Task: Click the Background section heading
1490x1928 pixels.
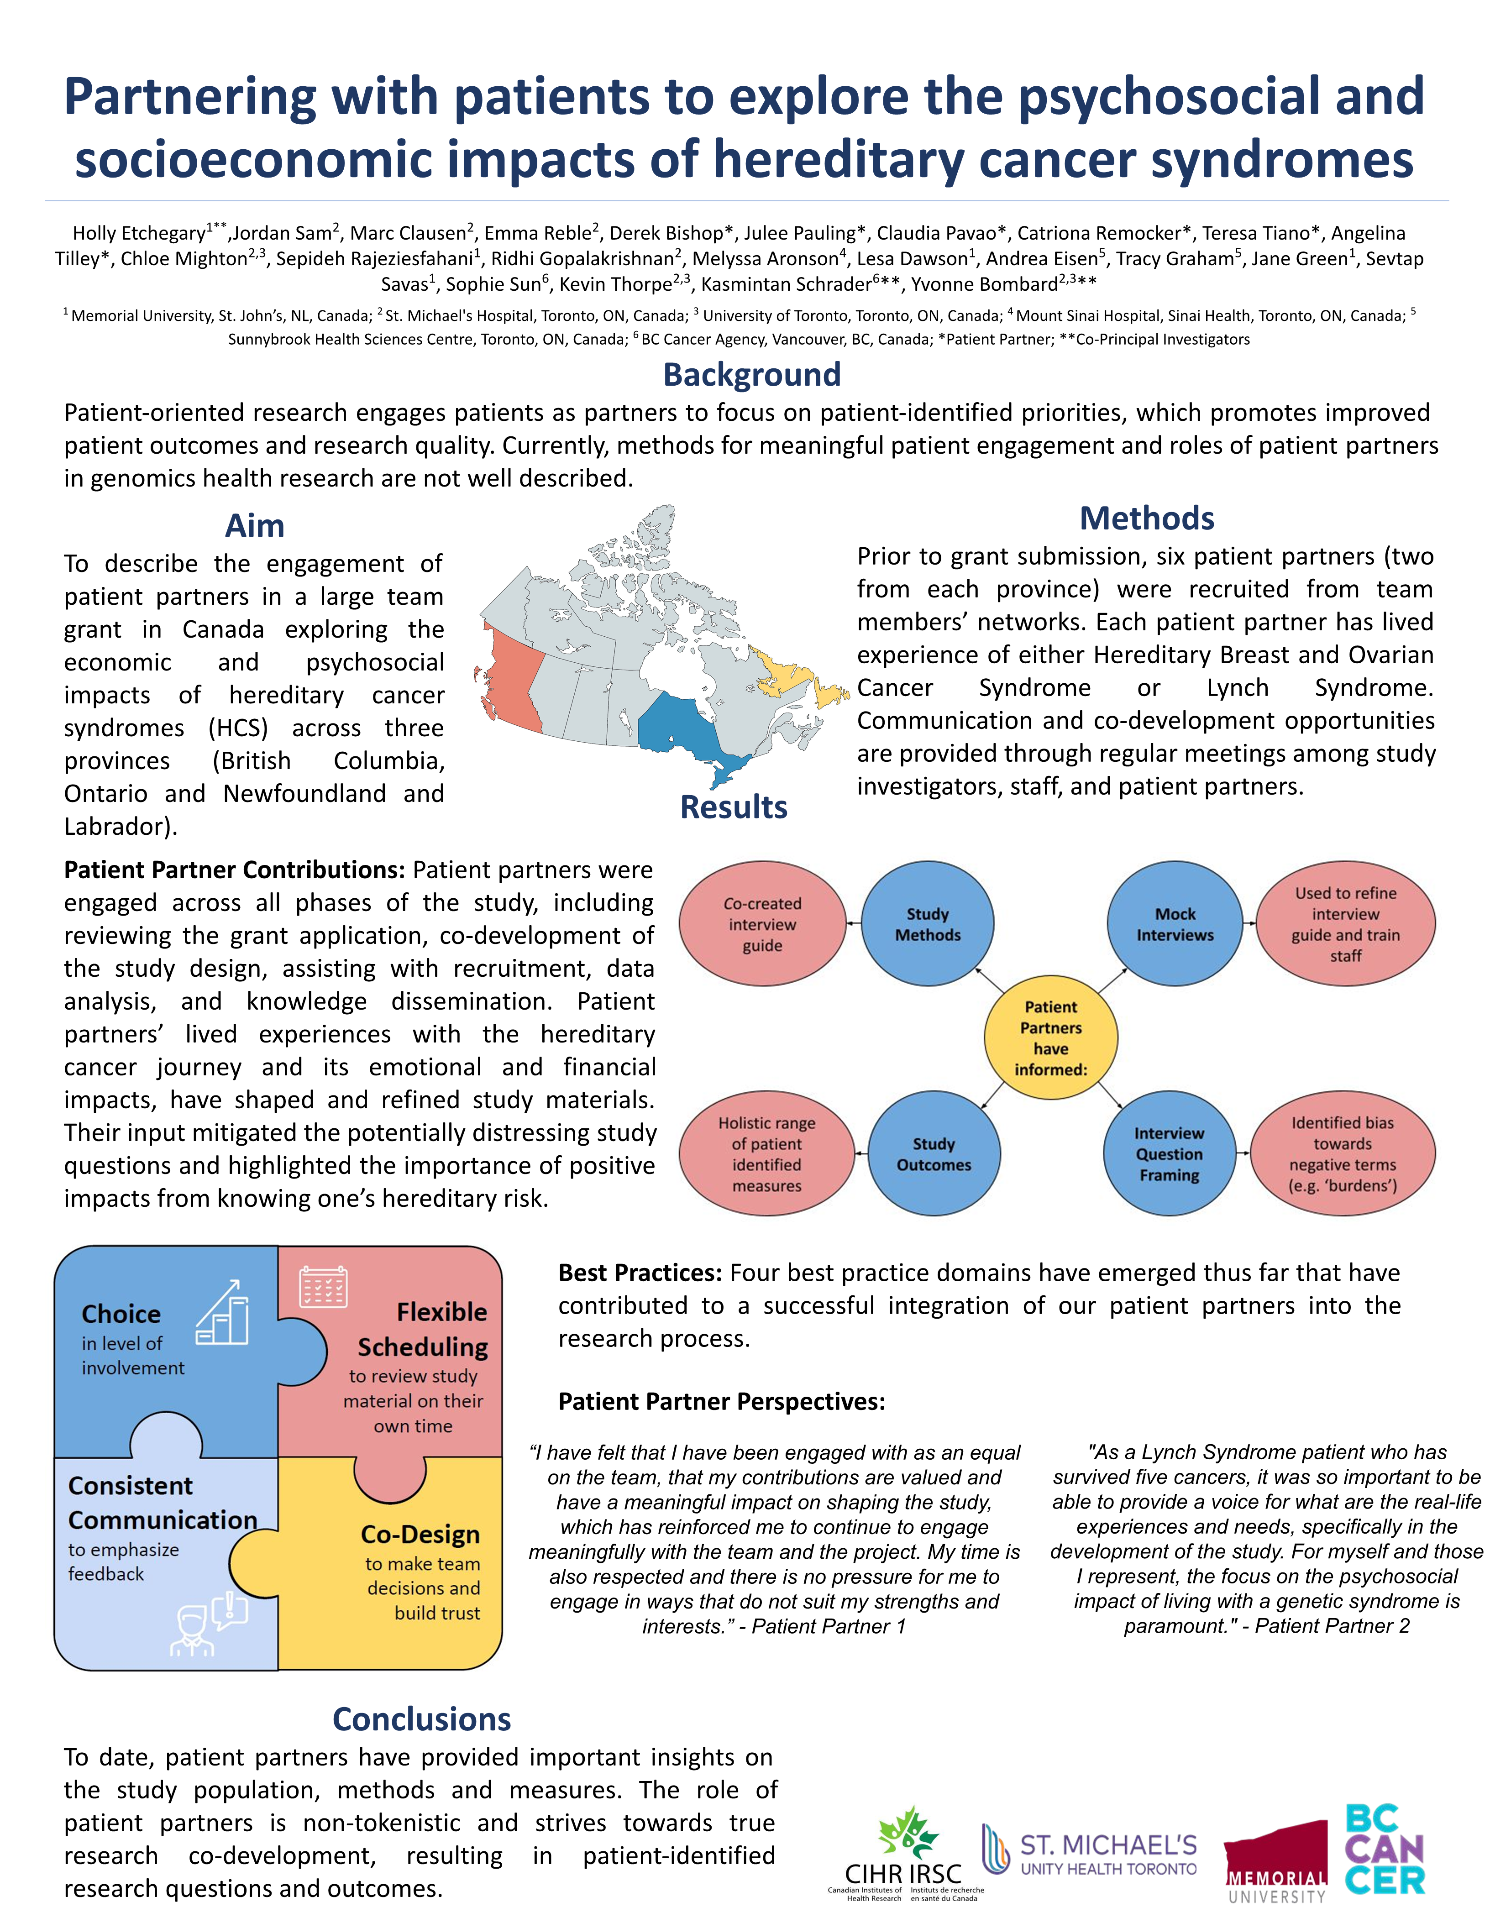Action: coord(751,374)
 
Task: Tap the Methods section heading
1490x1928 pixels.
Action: coord(1147,518)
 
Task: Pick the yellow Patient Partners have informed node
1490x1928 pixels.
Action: coord(1050,1038)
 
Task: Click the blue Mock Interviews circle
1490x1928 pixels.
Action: coord(1175,924)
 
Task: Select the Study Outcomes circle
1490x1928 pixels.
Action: coord(934,1154)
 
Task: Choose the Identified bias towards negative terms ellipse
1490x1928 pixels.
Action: coord(1343,1154)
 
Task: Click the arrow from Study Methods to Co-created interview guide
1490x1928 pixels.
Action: coord(854,924)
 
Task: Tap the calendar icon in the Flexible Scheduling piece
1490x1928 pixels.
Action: coord(323,1287)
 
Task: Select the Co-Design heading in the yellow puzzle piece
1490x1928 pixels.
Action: coord(420,1534)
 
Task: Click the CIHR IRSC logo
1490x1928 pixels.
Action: coord(904,1854)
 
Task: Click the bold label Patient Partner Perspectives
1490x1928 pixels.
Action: coord(721,1402)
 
